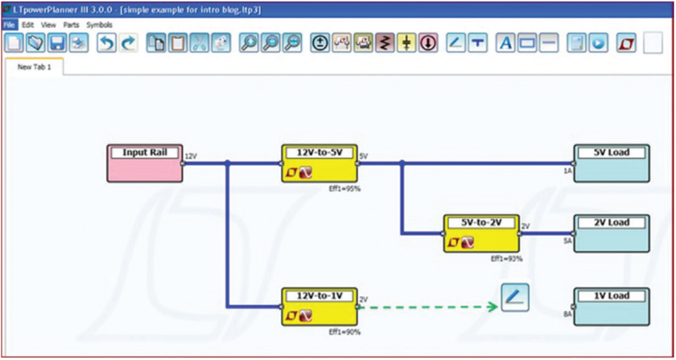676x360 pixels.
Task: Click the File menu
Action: (x=8, y=25)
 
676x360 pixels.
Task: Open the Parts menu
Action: (x=71, y=25)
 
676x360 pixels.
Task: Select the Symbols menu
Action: (x=98, y=25)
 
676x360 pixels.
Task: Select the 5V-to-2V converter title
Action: (x=481, y=222)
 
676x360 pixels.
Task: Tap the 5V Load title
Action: (x=611, y=153)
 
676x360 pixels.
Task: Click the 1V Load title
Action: (x=611, y=295)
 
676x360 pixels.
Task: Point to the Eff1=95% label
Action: (x=346, y=189)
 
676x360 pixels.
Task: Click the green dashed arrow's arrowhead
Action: (x=493, y=306)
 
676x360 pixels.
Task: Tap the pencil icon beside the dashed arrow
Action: (x=515, y=298)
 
